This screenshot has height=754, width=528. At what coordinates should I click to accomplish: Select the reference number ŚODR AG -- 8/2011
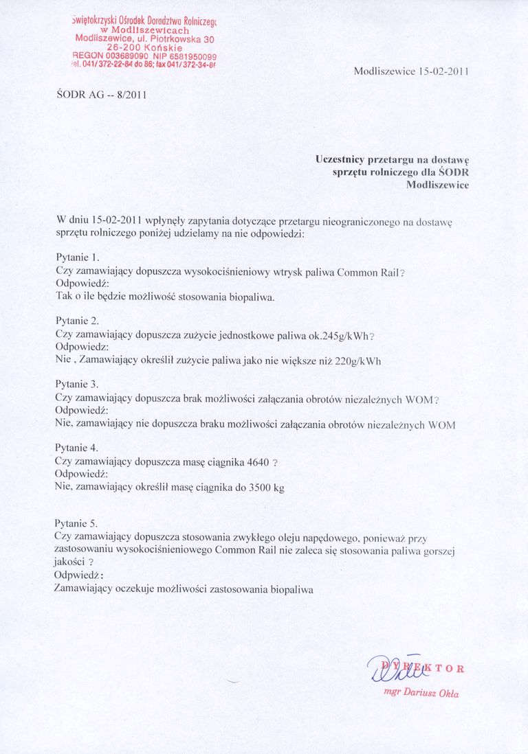[x=100, y=95]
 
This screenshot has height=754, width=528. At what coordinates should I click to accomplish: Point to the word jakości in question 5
[x=70, y=562]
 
